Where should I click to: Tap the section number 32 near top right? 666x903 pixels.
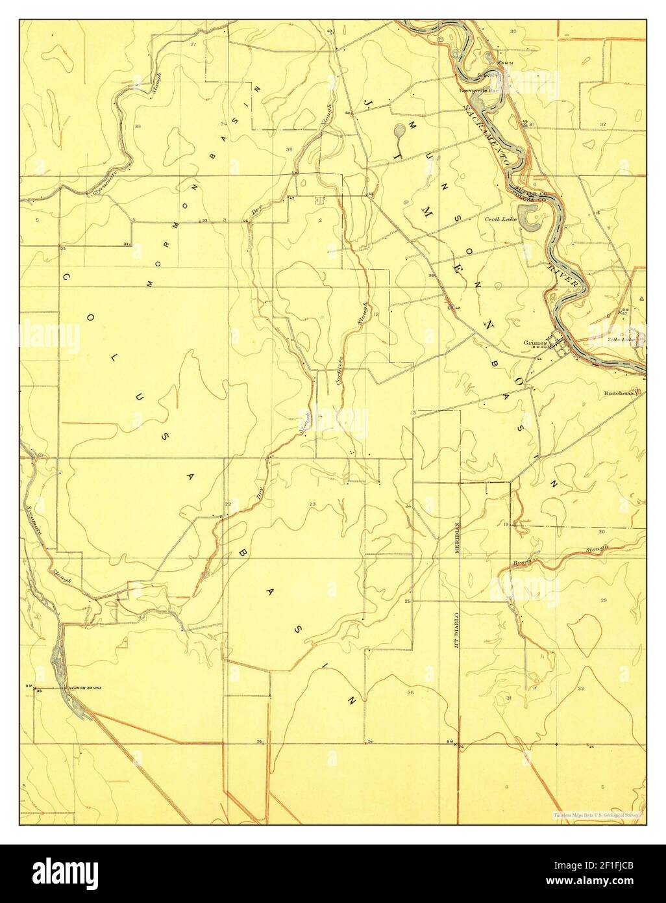pos(602,123)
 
